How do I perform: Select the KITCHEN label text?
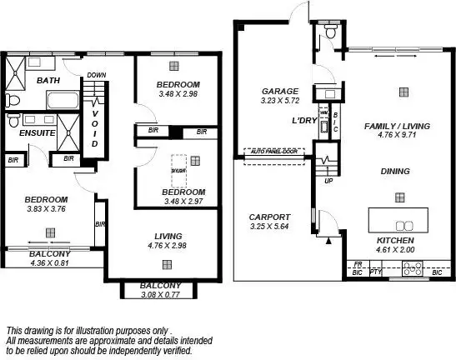tap(397, 239)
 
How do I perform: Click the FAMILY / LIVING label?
tap(397, 126)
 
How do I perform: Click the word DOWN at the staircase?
tap(96, 75)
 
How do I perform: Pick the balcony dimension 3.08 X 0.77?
tap(156, 294)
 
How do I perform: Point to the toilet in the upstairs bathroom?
tap(14, 101)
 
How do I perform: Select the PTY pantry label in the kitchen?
tap(374, 272)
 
